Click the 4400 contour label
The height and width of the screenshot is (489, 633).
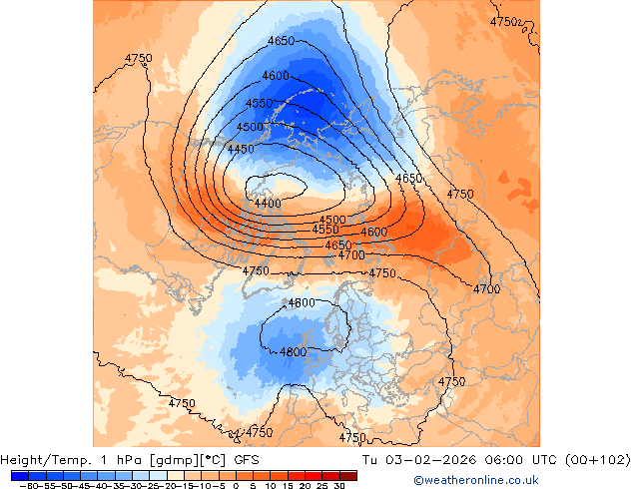(x=267, y=204)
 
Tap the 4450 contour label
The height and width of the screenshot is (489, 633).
(x=240, y=150)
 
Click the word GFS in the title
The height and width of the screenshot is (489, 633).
(x=247, y=460)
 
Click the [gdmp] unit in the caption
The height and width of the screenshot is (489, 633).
(x=174, y=460)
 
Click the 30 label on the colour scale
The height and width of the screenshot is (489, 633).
(x=339, y=485)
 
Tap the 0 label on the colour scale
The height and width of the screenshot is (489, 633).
(x=236, y=485)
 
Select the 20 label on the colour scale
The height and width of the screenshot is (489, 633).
(x=305, y=485)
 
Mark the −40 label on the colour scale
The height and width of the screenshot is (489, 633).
(x=96, y=485)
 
